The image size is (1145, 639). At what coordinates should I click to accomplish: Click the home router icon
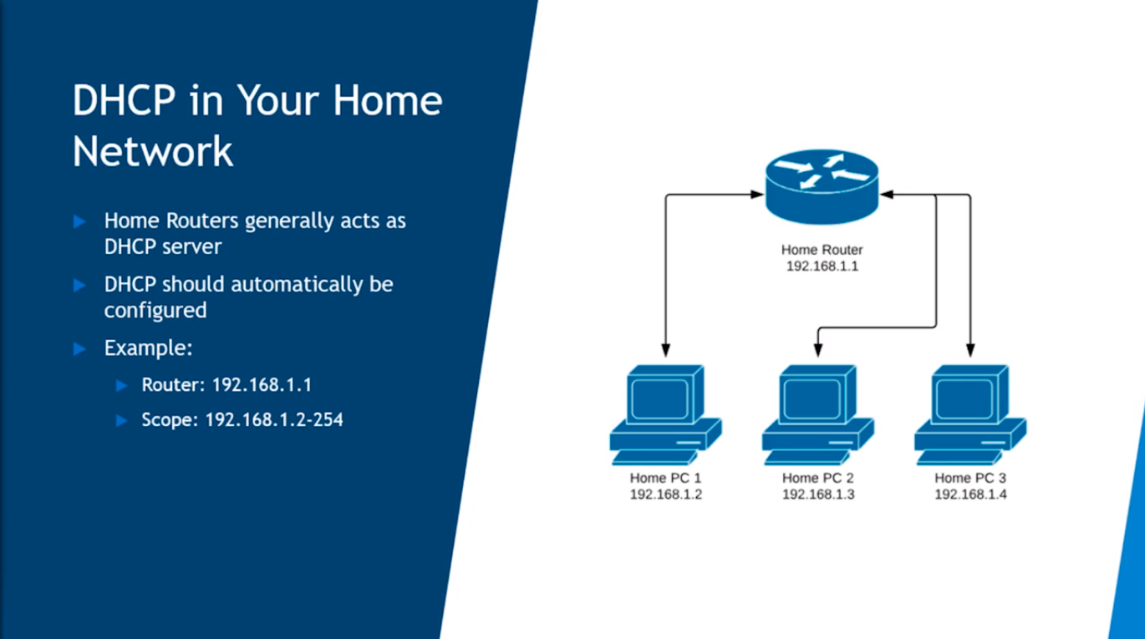(822, 187)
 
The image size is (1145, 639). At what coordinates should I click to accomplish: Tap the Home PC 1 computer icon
(664, 413)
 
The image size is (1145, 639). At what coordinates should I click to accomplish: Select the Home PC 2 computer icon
(817, 413)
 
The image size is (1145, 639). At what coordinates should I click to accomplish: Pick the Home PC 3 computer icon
(969, 413)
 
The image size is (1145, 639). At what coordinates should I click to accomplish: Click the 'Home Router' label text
(822, 250)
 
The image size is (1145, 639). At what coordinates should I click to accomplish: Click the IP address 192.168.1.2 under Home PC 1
(665, 494)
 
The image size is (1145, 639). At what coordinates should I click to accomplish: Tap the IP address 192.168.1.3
(817, 494)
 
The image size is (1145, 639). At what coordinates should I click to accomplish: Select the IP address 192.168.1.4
(969, 494)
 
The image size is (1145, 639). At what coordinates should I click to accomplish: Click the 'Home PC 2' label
(817, 479)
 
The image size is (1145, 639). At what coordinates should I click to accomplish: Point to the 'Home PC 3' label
(969, 479)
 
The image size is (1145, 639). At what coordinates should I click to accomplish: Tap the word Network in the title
(152, 151)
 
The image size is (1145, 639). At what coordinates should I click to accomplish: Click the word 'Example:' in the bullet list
(148, 348)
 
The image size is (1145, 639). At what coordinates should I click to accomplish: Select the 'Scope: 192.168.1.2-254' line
(242, 419)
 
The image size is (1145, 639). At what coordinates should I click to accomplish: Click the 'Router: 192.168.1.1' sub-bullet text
(226, 385)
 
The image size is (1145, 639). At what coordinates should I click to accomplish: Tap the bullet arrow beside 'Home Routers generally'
(80, 221)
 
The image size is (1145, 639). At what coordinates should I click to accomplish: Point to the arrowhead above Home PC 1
(665, 350)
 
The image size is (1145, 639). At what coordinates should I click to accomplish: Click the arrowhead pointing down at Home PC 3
(969, 350)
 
